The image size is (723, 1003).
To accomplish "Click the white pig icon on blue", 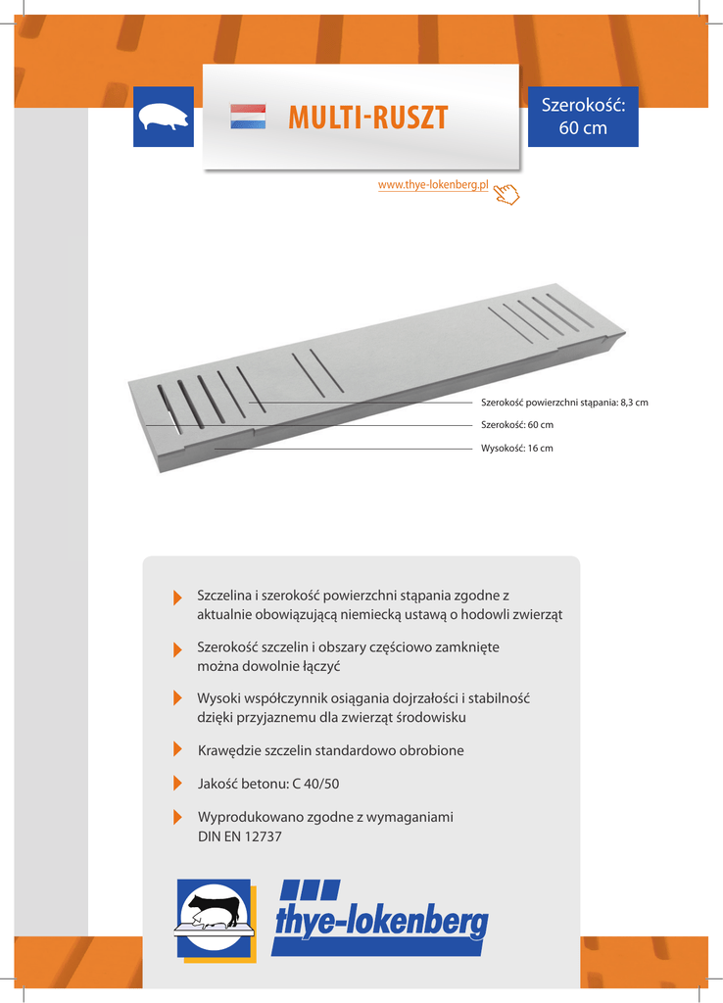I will [164, 117].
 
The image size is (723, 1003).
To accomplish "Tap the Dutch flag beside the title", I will [248, 118].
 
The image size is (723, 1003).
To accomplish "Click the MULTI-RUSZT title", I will [368, 119].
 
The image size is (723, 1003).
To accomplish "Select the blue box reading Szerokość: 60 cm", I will [583, 117].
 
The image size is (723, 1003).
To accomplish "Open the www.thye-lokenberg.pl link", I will [433, 185].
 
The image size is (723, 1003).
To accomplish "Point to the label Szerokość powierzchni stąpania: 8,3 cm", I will [564, 403].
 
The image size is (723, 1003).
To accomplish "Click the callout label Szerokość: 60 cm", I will [517, 425].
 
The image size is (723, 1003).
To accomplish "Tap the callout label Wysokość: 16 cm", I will [517, 448].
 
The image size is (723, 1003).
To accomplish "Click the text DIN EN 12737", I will [239, 836].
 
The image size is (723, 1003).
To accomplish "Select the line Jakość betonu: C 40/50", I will [268, 784].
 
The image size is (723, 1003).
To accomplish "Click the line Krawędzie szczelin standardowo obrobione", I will [330, 750].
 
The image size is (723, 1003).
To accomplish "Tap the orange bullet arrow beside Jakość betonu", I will [177, 784].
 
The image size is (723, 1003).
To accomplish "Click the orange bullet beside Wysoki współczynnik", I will [177, 698].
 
